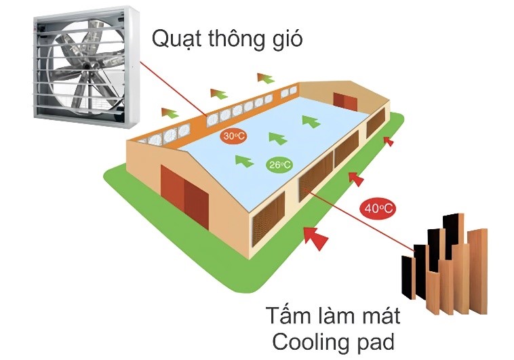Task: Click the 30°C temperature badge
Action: click(234, 136)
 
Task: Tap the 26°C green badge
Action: click(279, 165)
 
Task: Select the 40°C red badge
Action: click(378, 208)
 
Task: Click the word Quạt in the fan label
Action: click(176, 40)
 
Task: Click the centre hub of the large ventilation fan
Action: click(86, 66)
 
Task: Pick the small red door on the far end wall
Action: click(345, 102)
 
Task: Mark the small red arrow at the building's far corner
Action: click(389, 141)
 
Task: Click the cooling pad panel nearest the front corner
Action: click(267, 222)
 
